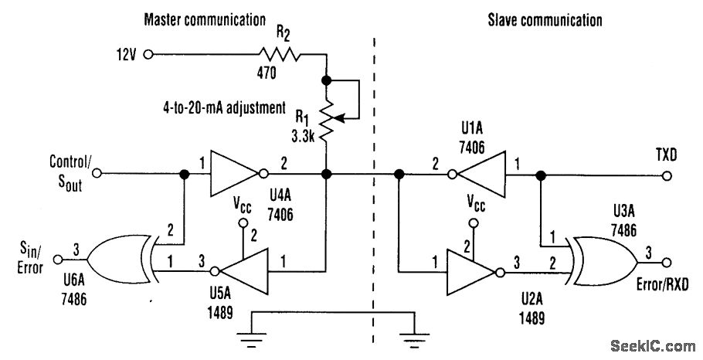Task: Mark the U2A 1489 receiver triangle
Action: (x=471, y=271)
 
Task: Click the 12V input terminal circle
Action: (x=148, y=55)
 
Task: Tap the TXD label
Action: (x=663, y=156)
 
